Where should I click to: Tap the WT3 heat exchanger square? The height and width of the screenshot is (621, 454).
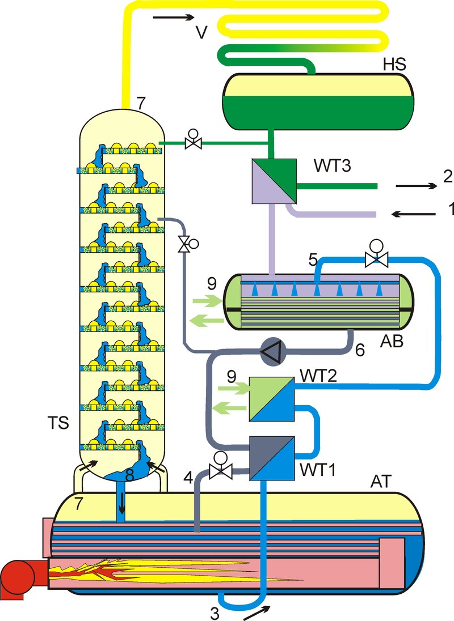tap(274, 180)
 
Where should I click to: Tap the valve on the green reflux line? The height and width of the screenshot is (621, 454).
tap(193, 142)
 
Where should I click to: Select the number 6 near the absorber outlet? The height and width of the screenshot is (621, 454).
tap(359, 351)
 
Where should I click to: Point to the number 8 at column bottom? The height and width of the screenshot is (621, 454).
tap(129, 477)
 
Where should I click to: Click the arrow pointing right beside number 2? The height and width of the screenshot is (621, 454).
tap(414, 185)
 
